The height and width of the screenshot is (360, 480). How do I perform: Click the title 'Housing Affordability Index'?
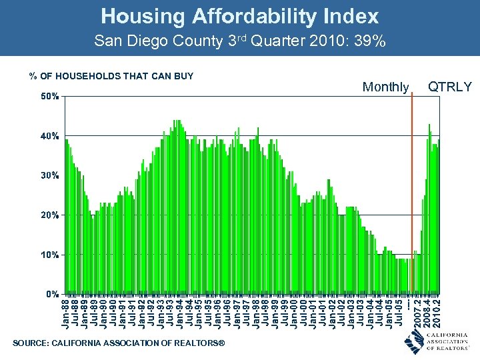tap(240, 16)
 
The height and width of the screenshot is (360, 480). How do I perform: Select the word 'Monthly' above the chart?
tap(385, 87)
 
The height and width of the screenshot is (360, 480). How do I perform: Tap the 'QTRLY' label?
tap(449, 87)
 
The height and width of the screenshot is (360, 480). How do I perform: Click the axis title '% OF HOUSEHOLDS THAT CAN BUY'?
tap(111, 76)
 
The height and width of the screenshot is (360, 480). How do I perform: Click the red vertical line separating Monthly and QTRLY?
tap(412, 193)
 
